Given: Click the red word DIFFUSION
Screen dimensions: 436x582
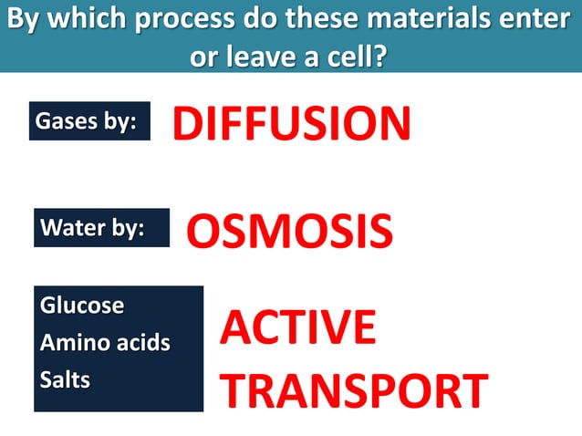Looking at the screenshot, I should click(292, 123).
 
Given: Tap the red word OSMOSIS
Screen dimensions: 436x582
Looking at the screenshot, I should click(289, 232).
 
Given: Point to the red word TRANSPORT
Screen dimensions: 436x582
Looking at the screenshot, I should click(355, 389).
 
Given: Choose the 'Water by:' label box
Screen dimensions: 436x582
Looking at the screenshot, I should click(101, 228).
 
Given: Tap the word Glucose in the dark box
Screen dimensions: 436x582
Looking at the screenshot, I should click(81, 306).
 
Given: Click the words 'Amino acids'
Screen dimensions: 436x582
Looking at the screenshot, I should click(104, 343).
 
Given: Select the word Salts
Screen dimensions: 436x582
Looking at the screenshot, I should click(65, 380).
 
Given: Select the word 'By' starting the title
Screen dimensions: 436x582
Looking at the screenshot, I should click(26, 20).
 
